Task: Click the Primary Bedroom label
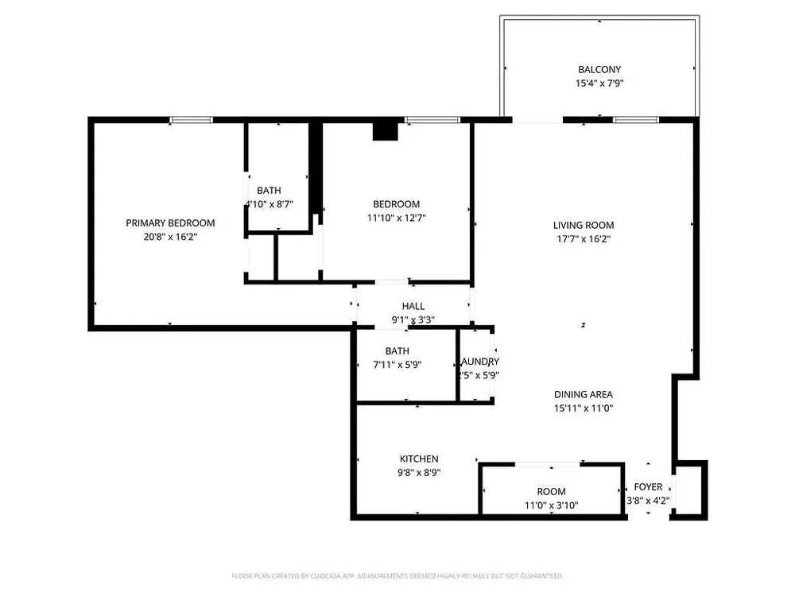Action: click(170, 223)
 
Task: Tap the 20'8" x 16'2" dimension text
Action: click(170, 236)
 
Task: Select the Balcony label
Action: click(599, 70)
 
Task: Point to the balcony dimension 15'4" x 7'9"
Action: click(599, 83)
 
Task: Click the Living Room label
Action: click(584, 225)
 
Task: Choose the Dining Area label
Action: click(584, 394)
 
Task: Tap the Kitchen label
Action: click(419, 459)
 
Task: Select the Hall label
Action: click(413, 306)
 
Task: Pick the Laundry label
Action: click(479, 362)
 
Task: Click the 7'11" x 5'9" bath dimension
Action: click(397, 365)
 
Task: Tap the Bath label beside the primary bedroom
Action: click(269, 191)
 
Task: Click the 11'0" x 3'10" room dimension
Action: click(551, 505)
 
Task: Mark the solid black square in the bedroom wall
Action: click(386, 130)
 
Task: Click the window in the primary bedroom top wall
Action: click(192, 120)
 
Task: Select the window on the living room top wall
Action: click(635, 120)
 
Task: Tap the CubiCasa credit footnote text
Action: click(397, 575)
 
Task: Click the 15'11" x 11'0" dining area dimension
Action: click(584, 408)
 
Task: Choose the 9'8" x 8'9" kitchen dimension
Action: click(419, 472)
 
